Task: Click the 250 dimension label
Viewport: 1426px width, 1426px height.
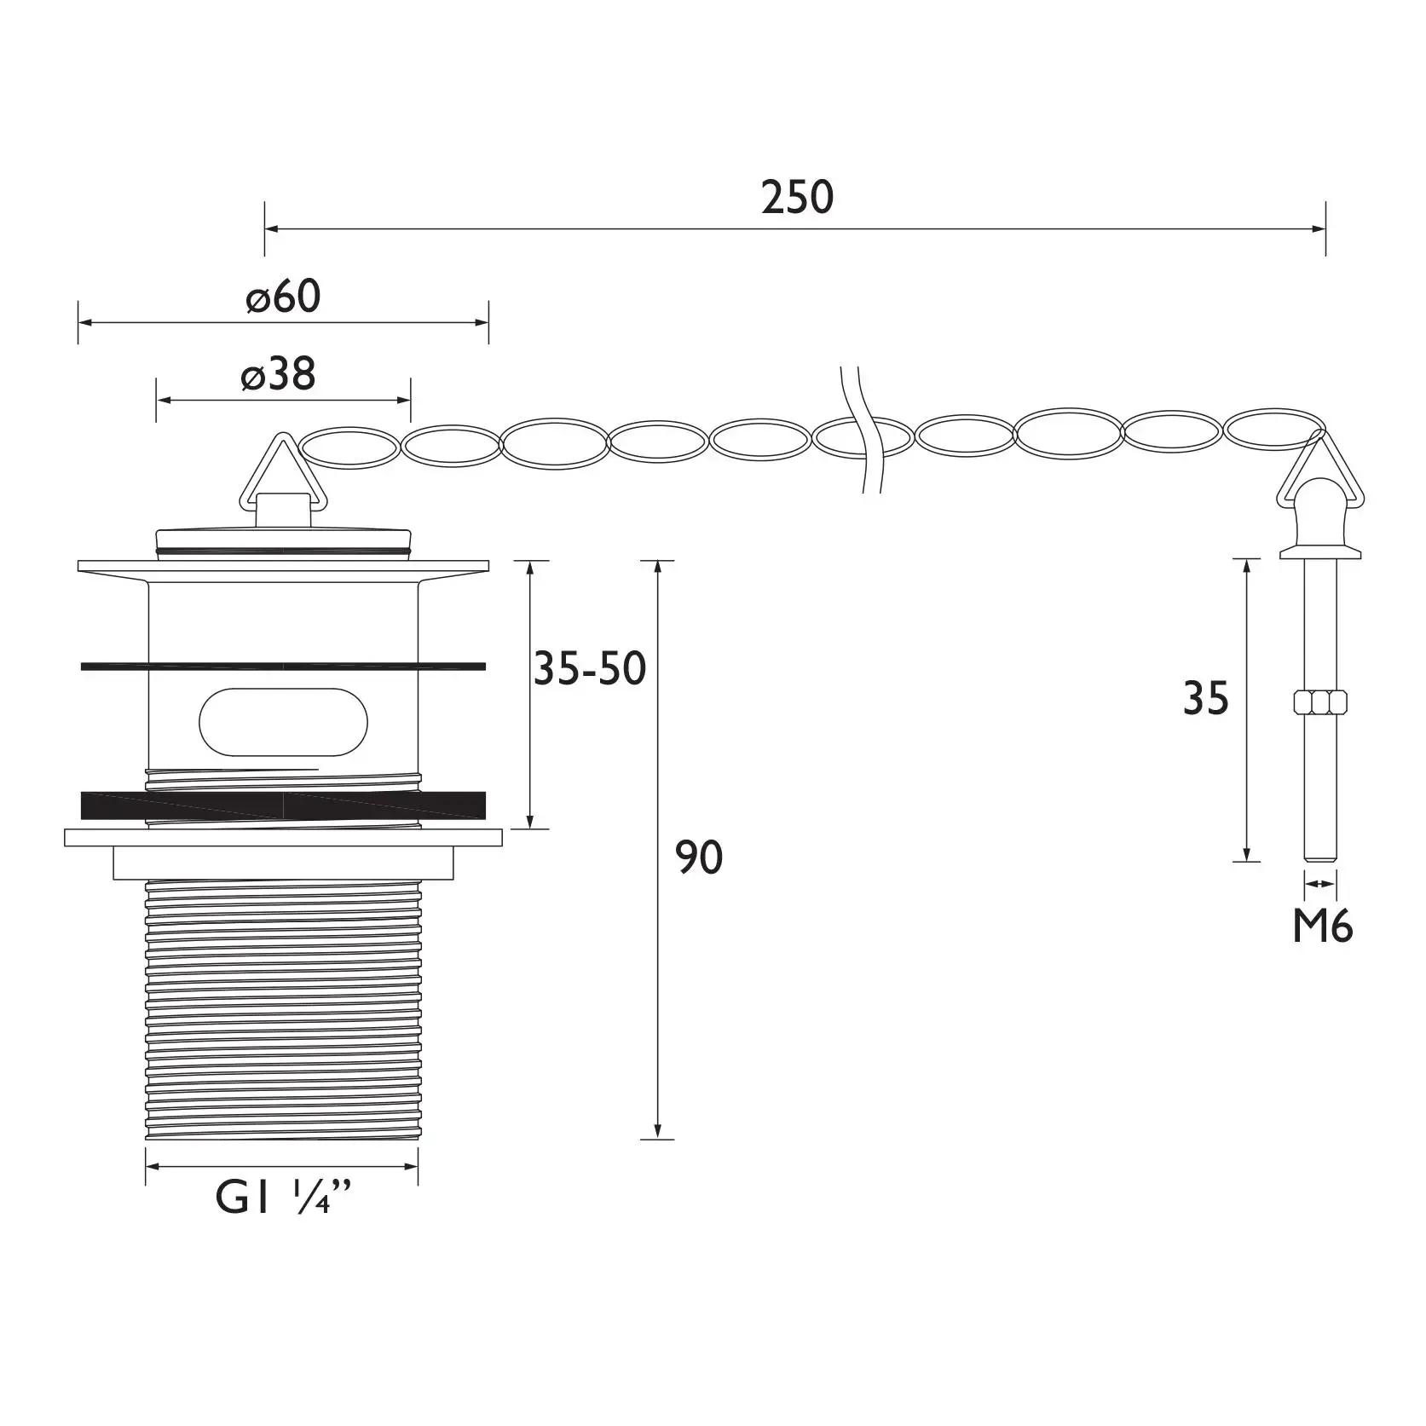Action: pos(797,197)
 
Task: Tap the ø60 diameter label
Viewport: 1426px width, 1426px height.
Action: pos(283,297)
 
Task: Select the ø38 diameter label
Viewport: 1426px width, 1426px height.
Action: pos(278,373)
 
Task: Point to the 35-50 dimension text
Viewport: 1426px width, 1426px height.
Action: pos(590,668)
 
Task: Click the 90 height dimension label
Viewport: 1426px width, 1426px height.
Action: pos(699,857)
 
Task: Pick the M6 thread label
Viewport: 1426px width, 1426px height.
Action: pos(1322,927)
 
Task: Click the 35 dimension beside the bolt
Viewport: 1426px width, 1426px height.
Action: pos(1206,699)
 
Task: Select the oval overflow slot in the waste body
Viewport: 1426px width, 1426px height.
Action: pos(284,720)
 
